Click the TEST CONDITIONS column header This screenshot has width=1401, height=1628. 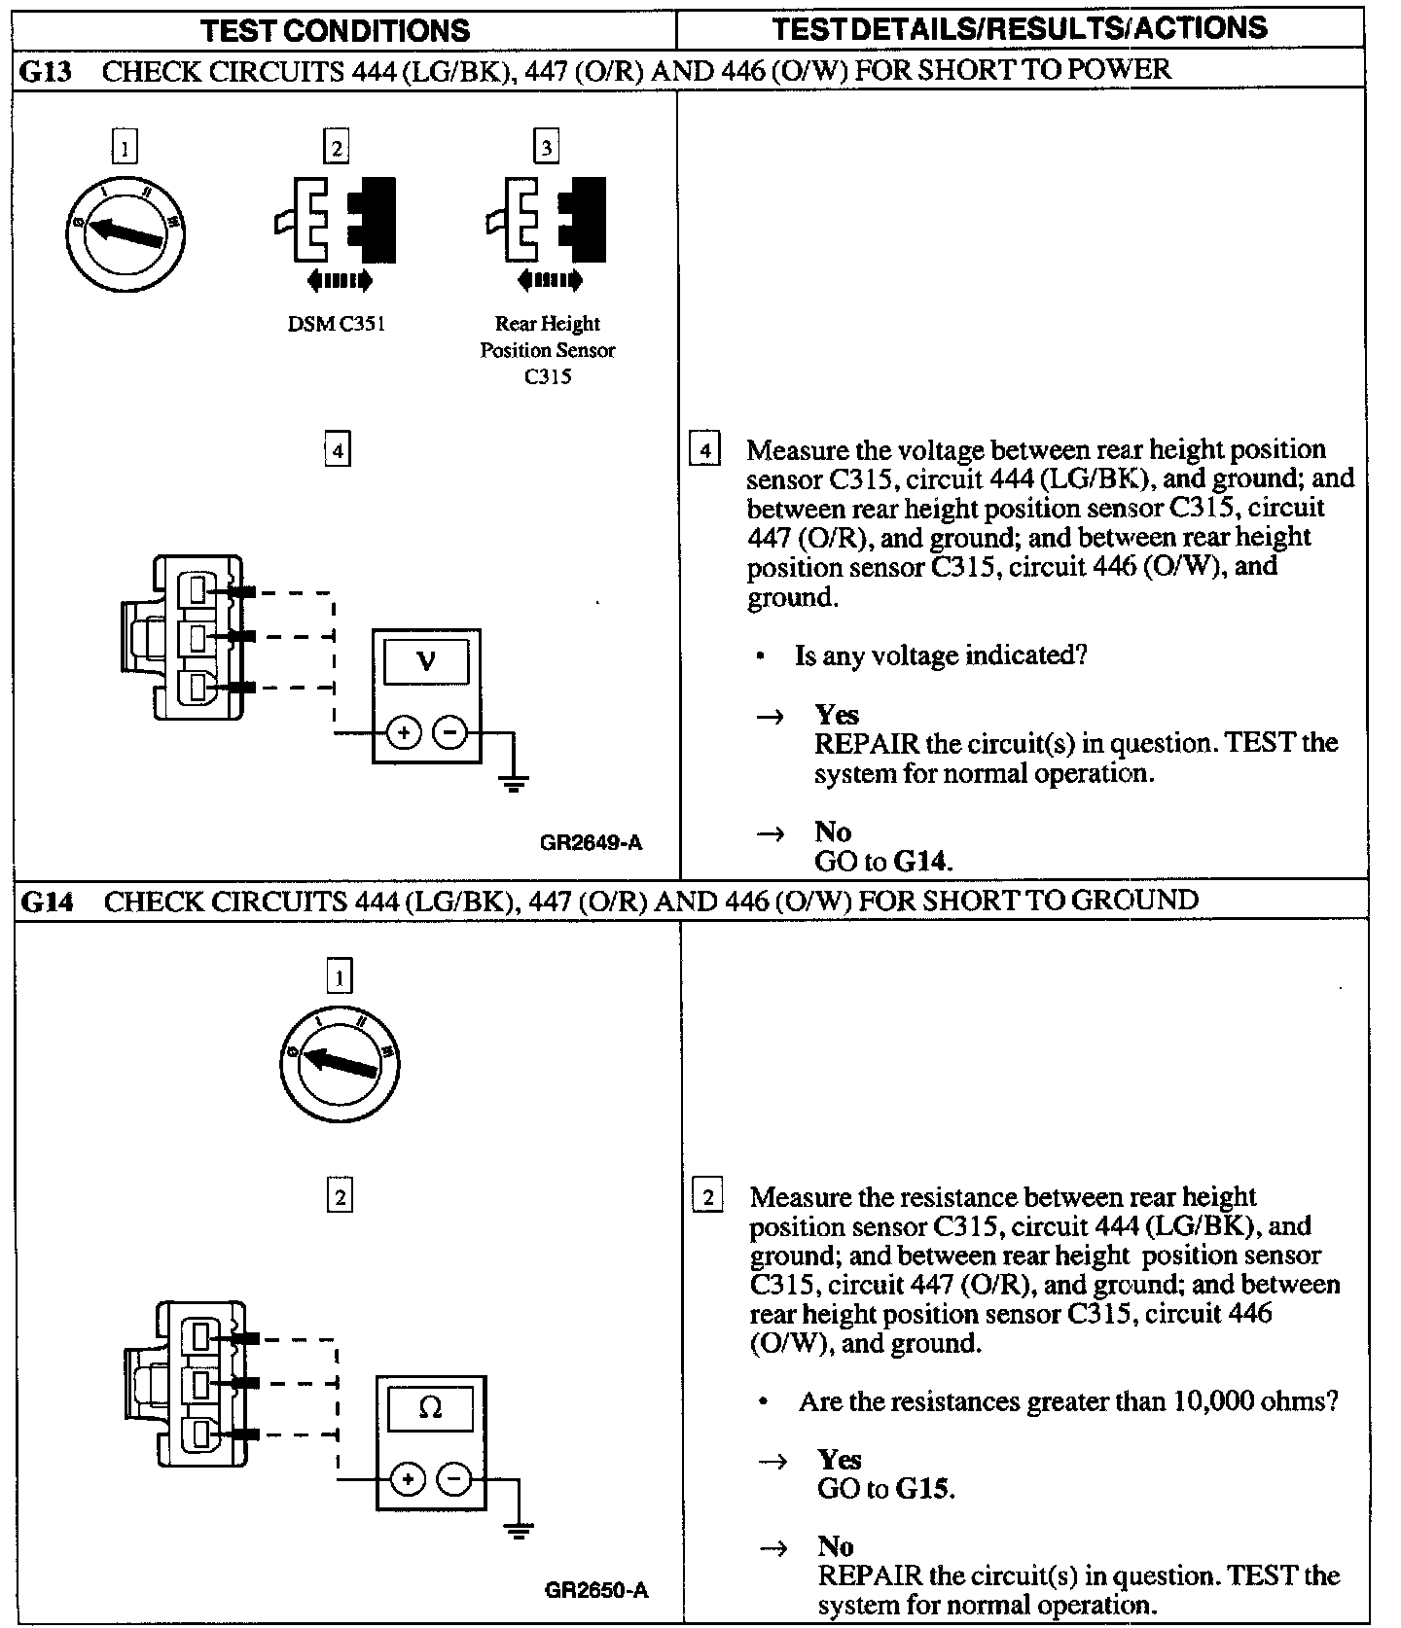click(335, 30)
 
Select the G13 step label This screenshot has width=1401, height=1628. click(47, 71)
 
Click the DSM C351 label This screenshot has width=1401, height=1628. click(336, 324)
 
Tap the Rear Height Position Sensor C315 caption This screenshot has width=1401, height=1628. click(547, 350)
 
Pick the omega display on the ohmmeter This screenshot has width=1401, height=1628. click(430, 1407)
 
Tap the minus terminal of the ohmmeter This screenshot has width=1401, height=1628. click(454, 1479)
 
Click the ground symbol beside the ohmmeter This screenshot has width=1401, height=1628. click(519, 1531)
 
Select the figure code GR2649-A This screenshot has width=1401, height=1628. click(591, 842)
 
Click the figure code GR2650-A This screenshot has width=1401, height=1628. click(595, 1590)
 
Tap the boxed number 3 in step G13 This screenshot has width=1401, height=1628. click(547, 148)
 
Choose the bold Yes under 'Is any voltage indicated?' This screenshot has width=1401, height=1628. click(837, 715)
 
